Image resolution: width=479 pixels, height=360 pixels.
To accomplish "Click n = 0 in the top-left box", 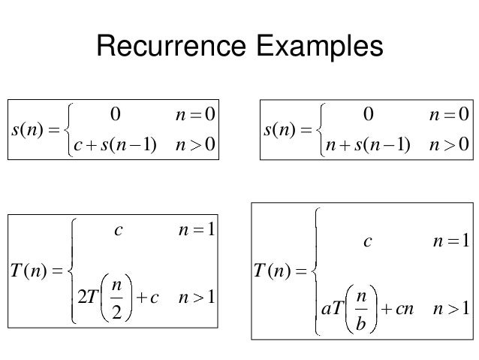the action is pyautogui.click(x=191, y=114).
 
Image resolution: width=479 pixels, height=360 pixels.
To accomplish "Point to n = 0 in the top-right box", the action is pyautogui.click(x=446, y=114).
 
